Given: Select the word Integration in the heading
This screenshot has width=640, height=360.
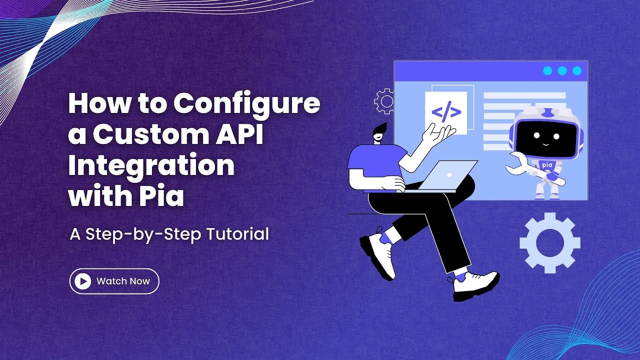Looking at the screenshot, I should pyautogui.click(x=151, y=166).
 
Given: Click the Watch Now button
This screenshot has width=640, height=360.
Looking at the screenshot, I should pyautogui.click(x=114, y=281).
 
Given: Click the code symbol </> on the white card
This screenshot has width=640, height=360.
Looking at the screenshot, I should pyautogui.click(x=446, y=112).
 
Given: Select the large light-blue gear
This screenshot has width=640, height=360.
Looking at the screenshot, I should pyautogui.click(x=550, y=243).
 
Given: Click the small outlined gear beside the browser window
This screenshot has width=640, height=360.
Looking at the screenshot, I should pyautogui.click(x=384, y=101).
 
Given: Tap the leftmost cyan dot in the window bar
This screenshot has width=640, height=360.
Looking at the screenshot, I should pyautogui.click(x=547, y=71).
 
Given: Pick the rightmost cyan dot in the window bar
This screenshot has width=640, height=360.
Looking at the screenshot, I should pyautogui.click(x=577, y=71).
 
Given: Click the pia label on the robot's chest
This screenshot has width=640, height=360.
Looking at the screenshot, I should pyautogui.click(x=547, y=164).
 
